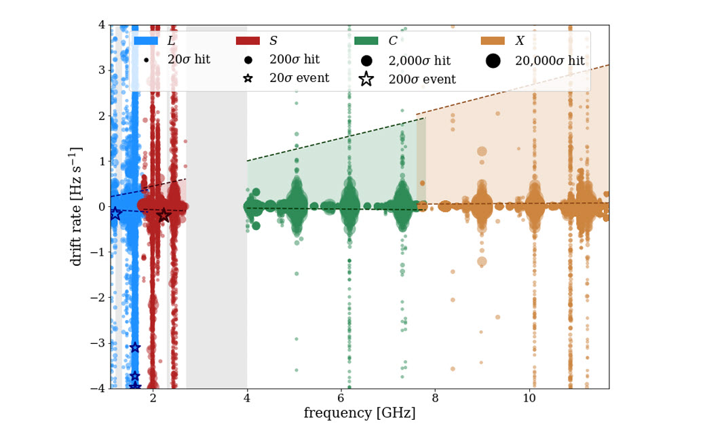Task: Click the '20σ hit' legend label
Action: point(189,60)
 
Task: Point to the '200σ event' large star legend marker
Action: point(366,79)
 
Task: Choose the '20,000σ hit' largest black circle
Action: point(493,60)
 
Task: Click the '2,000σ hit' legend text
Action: point(419,60)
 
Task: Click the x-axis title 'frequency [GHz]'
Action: point(360,413)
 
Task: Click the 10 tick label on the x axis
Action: point(529,397)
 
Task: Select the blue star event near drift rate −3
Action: point(134,347)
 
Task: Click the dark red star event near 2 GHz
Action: point(164,215)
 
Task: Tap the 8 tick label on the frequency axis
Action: point(435,397)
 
